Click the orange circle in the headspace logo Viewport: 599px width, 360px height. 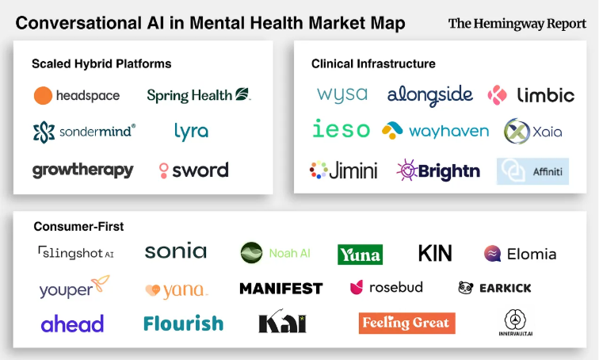43,95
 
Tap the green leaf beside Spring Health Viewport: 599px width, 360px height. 242,94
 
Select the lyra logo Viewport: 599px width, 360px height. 192,132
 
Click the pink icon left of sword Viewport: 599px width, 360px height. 163,170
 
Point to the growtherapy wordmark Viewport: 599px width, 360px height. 83,170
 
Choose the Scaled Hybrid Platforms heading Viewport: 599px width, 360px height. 101,63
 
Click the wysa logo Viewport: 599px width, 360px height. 342,94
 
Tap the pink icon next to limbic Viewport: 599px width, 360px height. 498,95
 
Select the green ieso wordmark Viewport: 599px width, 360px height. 341,128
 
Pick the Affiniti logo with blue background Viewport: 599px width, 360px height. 532,171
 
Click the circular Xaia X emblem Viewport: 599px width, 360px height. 517,131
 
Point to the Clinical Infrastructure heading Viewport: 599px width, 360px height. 373,63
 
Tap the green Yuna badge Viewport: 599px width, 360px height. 360,255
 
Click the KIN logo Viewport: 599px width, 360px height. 435,253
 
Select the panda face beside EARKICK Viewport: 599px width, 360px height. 466,287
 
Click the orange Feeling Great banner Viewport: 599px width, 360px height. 406,323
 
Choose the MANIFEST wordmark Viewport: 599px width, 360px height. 281,288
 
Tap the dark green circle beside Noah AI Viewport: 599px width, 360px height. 251,253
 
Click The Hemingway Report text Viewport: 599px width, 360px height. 517,24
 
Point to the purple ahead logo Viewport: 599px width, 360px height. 72,324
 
